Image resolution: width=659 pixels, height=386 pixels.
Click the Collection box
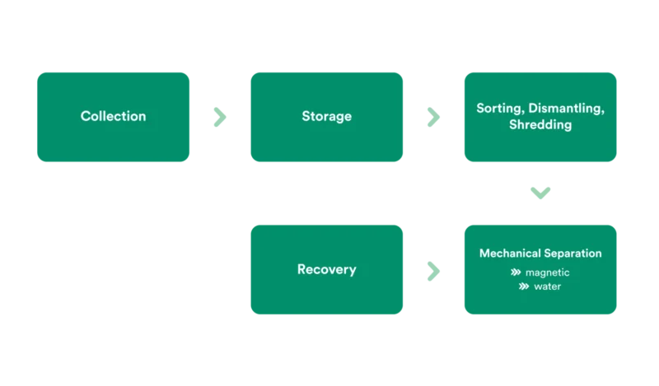[113, 116]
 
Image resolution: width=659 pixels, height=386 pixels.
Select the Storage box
[326, 116]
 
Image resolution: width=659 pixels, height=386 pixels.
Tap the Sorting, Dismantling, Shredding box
[540, 116]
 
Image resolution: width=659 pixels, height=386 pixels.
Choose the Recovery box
[326, 269]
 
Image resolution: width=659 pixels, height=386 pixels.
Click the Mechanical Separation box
[540, 269]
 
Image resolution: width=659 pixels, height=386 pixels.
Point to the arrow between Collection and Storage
[219, 117]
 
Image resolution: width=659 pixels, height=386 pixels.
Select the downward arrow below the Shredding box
[540, 193]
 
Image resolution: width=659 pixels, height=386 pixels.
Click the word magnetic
[548, 272]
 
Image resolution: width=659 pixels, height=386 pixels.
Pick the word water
[548, 287]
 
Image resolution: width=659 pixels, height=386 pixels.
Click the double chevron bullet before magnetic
[516, 272]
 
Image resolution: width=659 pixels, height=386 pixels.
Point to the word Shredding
[540, 125]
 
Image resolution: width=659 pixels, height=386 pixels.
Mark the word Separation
[573, 253]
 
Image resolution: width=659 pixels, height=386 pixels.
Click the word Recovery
[326, 269]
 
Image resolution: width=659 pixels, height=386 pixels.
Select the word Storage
[326, 116]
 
